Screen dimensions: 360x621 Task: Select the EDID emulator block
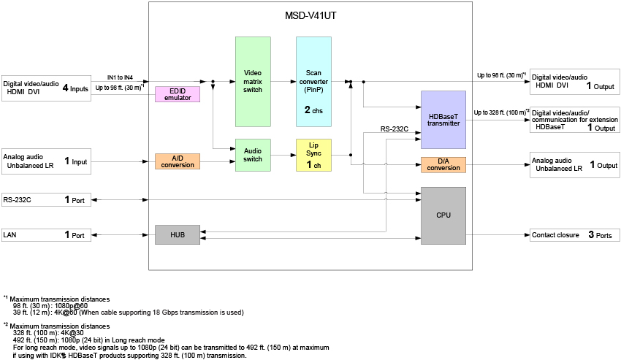177,94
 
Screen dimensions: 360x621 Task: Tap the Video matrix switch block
253,81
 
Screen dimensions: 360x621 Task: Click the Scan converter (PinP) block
313,81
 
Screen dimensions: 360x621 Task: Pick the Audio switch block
253,155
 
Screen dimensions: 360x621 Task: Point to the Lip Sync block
313,155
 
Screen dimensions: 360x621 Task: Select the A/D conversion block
177,161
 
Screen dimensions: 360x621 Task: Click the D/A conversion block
443,165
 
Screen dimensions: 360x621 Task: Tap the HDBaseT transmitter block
443,120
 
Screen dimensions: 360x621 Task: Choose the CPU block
443,215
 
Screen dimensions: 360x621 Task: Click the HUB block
177,235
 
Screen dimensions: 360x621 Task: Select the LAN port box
46,235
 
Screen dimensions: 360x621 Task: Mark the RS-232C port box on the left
46,199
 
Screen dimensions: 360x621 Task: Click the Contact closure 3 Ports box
575,235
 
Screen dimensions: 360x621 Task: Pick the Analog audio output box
575,165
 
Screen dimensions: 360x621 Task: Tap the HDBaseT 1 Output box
575,120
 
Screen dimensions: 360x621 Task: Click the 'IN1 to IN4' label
120,77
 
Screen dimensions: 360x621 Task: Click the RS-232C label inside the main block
395,129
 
